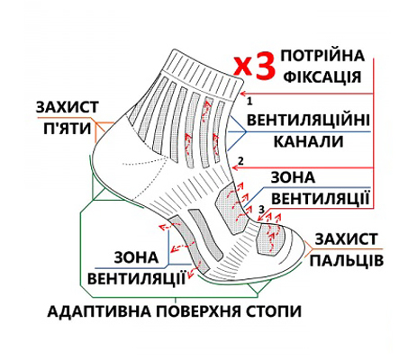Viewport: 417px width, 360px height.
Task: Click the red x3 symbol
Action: pyautogui.click(x=254, y=65)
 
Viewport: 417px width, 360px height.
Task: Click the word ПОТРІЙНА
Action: pyautogui.click(x=322, y=56)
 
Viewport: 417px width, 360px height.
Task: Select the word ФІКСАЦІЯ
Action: pyautogui.click(x=322, y=76)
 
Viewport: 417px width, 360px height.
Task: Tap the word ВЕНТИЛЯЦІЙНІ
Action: pyautogui.click(x=308, y=120)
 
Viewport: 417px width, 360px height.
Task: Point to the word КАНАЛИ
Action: pyautogui.click(x=308, y=141)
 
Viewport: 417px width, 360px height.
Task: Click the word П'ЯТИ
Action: pyautogui.click(x=68, y=129)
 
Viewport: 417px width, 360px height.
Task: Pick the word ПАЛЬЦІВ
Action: pyautogui.click(x=347, y=260)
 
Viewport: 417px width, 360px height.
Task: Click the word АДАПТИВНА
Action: pyautogui.click(x=100, y=311)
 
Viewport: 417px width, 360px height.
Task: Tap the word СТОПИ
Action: pyautogui.click(x=274, y=311)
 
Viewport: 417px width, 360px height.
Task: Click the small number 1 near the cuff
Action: pyautogui.click(x=249, y=102)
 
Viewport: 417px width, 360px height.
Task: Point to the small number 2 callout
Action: pyautogui.click(x=240, y=161)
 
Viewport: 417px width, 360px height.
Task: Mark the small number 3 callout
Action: pyautogui.click(x=262, y=209)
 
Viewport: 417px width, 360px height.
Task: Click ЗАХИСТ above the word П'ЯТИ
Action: pyautogui.click(x=68, y=107)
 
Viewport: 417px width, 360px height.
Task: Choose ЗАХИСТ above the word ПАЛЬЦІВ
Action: pyautogui.click(x=346, y=238)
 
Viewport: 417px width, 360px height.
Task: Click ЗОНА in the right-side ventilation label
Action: pyautogui.click(x=293, y=177)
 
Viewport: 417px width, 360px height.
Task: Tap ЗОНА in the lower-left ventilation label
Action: pyautogui.click(x=136, y=257)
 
